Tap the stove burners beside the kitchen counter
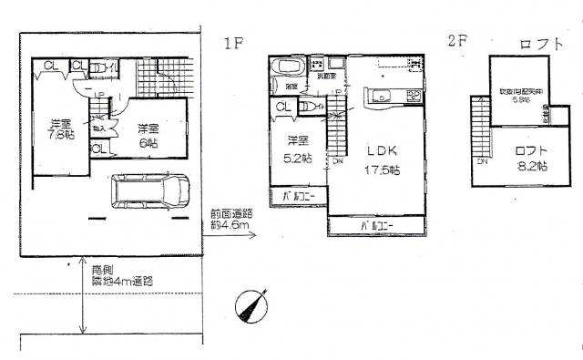pyautogui.click(x=413, y=97)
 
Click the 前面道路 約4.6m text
pyautogui.click(x=230, y=218)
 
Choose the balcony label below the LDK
pyautogui.click(x=376, y=224)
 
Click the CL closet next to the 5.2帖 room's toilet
pyautogui.click(x=282, y=108)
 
